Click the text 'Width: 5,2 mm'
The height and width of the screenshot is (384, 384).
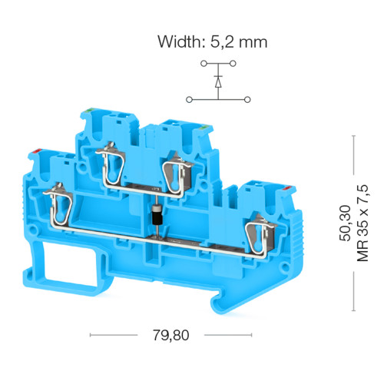pos(213,41)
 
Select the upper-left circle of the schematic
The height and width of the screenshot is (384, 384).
pos(204,64)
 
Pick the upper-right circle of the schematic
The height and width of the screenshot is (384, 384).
pos(233,64)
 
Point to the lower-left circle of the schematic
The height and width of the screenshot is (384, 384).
pos(189,100)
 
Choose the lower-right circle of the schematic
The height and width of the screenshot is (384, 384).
pos(247,100)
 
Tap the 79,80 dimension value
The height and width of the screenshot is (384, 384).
pos(171,335)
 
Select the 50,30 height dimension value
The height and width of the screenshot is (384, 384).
pos(345,223)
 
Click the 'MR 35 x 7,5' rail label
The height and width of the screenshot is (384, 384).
pos(362,223)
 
